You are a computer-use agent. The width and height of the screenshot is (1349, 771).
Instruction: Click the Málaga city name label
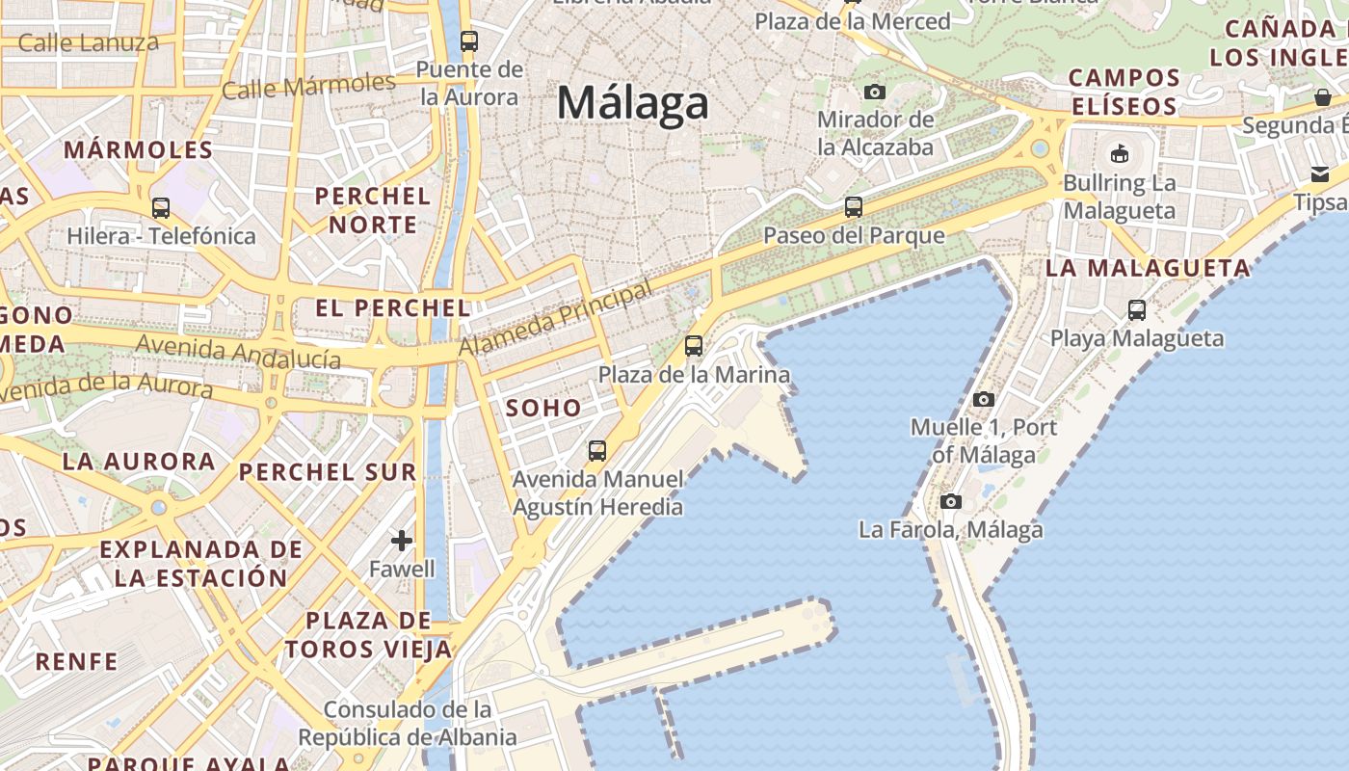pos(633,102)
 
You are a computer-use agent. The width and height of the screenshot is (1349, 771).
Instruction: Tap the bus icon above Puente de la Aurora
pos(469,41)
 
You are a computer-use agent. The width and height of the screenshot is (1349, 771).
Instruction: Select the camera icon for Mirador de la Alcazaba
pos(874,92)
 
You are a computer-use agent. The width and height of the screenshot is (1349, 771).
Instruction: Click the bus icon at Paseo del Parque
pos(853,206)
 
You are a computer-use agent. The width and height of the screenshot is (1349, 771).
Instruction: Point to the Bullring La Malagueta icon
pos(1119,153)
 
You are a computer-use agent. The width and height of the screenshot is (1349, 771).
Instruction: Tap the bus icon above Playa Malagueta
pos(1137,310)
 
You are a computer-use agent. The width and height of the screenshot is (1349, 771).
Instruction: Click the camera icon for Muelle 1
pos(983,399)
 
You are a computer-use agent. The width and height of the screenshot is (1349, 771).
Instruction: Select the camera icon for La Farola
pos(950,501)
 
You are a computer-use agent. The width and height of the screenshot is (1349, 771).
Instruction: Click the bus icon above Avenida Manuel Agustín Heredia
pos(597,450)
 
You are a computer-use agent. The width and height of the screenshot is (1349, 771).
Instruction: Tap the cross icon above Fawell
pos(402,541)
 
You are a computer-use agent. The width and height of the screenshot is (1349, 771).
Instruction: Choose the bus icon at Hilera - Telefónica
pos(161,207)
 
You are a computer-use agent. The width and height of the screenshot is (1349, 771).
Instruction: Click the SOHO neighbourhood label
pos(543,408)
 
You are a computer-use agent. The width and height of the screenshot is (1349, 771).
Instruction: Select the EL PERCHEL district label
pos(393,308)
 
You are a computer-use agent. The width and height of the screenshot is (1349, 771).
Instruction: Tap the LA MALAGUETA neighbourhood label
pos(1148,269)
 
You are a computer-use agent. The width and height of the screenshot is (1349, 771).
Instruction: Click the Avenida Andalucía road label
pos(238,352)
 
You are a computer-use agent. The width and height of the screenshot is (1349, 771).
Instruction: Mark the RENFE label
pos(76,662)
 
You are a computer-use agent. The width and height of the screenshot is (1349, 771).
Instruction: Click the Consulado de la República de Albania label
pos(407,724)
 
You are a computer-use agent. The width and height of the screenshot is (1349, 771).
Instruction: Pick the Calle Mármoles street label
pos(308,86)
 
